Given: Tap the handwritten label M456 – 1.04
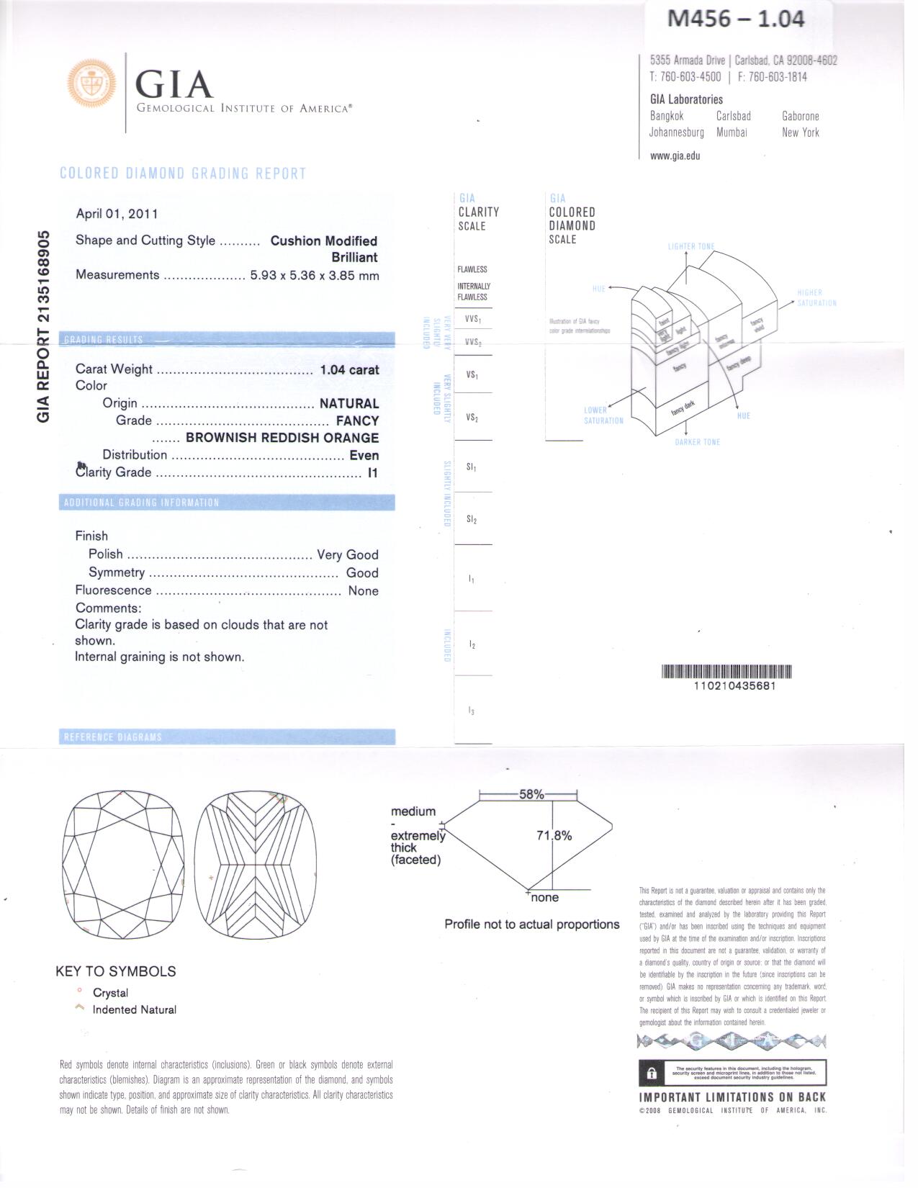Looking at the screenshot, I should (735, 19).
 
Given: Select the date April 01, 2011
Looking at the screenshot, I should (117, 214).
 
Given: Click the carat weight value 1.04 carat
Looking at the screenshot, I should (349, 370).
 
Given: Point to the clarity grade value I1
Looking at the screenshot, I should (372, 473).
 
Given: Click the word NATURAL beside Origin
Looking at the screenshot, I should (348, 404).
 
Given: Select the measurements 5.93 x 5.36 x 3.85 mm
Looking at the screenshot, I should (314, 275).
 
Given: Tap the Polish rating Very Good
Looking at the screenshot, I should (347, 555).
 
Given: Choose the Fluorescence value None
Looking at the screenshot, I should (363, 591).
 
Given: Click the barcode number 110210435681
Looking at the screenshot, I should (734, 686).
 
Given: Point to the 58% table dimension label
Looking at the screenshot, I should (531, 794).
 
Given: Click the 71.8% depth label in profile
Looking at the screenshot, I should (554, 836).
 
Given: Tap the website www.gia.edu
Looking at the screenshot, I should (675, 156).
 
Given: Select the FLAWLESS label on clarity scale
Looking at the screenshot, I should (472, 269).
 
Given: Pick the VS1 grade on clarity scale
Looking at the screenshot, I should (472, 375).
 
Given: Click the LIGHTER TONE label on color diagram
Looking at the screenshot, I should (691, 246).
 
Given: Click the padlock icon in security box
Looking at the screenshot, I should (652, 1074).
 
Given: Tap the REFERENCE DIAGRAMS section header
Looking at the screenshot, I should (113, 737).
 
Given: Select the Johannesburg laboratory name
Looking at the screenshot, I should (676, 132).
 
